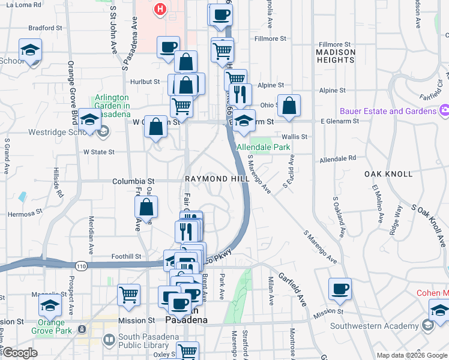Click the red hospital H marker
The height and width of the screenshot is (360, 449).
tap(160, 9)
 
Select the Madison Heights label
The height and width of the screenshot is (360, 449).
tap(336, 56)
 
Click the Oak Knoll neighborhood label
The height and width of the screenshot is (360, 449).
tap(388, 174)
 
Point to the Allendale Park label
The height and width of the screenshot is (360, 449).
tap(264, 147)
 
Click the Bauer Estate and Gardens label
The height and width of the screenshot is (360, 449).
tap(388, 111)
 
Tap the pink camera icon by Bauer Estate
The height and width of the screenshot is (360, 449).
tap(444, 110)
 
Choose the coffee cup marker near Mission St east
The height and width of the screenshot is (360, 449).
tap(340, 289)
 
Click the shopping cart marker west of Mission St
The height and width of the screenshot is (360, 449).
tap(128, 294)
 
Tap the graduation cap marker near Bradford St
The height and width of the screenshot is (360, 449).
tap(30, 50)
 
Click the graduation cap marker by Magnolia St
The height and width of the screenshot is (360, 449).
tap(50, 304)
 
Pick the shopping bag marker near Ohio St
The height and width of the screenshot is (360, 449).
tap(289, 105)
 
